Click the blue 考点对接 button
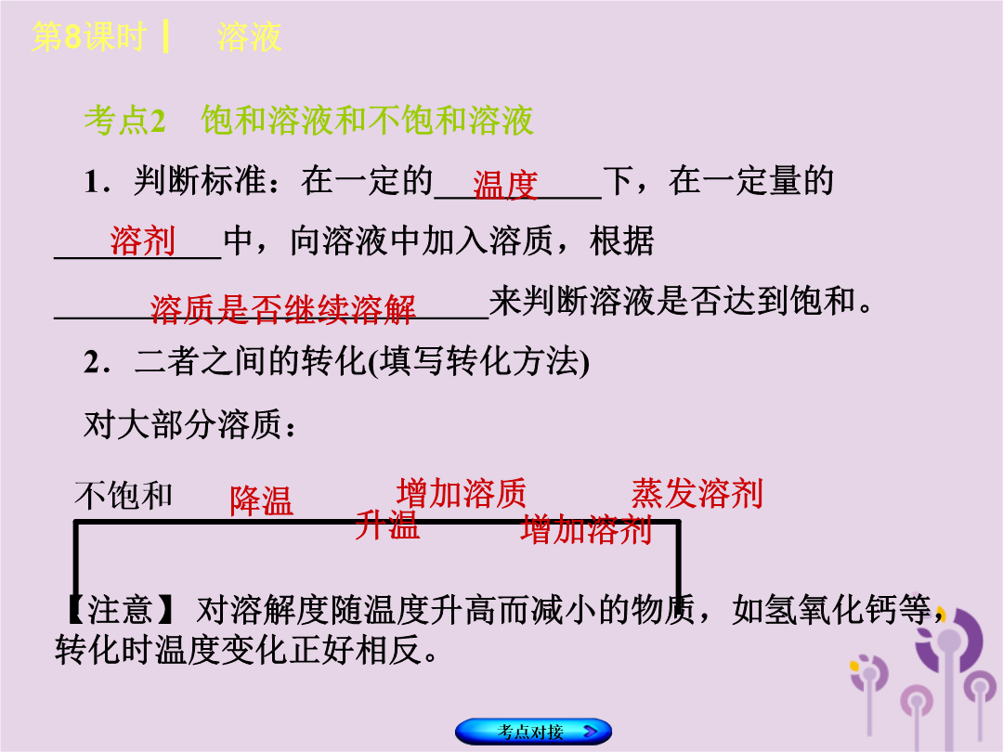[533, 731]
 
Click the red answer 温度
[505, 186]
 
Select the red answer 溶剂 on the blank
[143, 240]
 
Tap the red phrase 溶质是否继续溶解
[282, 309]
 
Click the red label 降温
[262, 500]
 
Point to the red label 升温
[387, 525]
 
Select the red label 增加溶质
[462, 493]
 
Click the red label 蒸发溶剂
[697, 493]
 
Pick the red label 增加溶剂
[586, 529]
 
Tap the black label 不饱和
[124, 496]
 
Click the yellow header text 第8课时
[89, 36]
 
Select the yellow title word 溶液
[249, 36]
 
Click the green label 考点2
[125, 120]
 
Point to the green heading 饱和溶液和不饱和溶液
[367, 120]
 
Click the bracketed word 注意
[120, 609]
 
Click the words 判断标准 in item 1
[200, 181]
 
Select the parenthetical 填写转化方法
[480, 361]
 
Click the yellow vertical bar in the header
[165, 36]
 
